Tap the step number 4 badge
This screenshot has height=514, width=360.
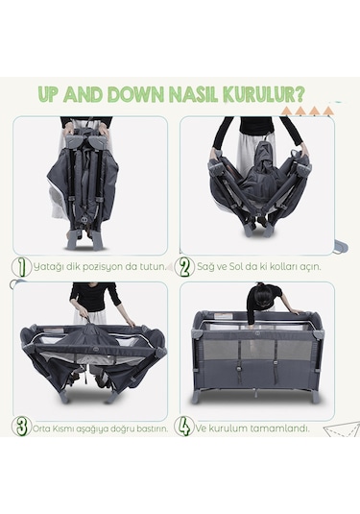[185, 427]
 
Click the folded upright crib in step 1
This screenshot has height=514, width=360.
[91, 183]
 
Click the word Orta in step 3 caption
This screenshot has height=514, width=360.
[43, 428]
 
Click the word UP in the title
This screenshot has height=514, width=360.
[50, 95]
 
